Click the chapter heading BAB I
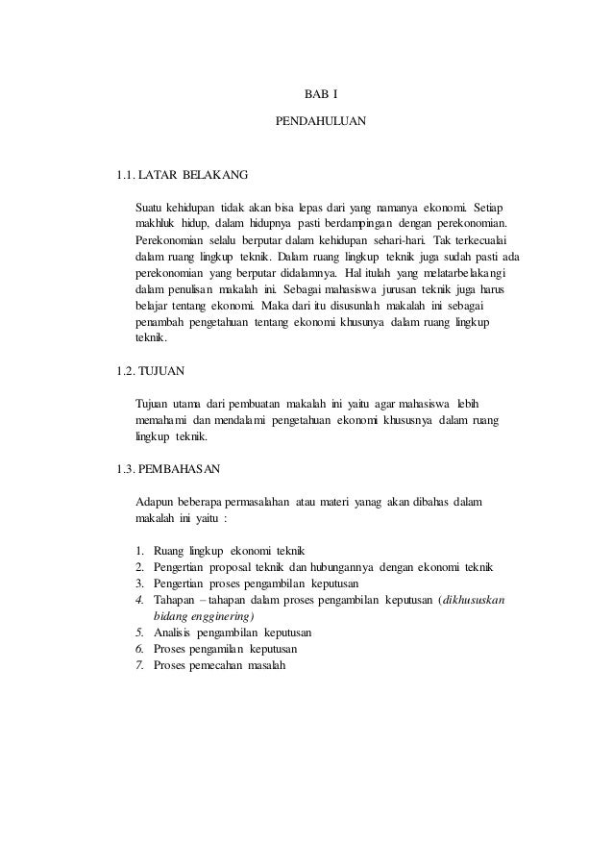[x=315, y=95]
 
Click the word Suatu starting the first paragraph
[x=150, y=208]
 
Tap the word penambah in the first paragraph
[x=163, y=323]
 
